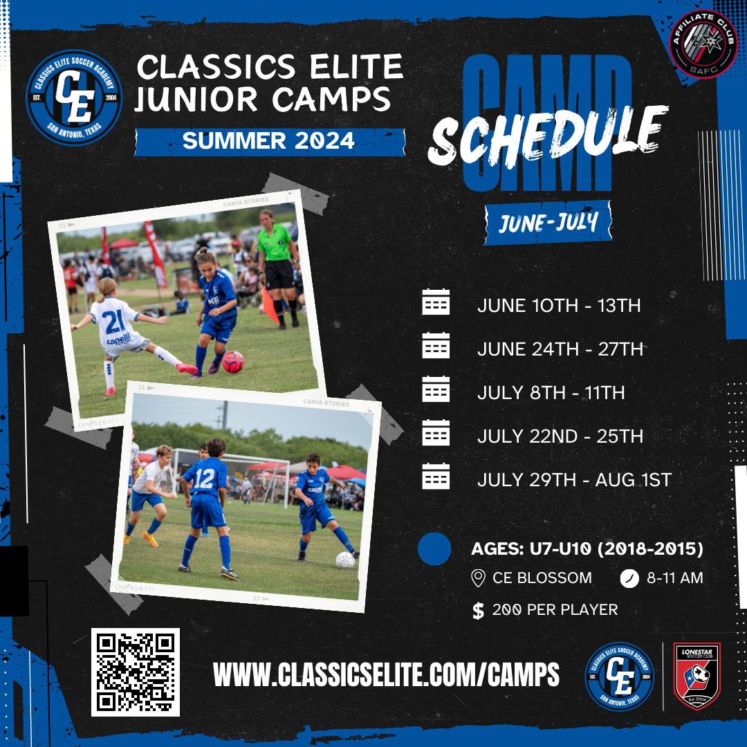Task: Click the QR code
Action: click(x=136, y=672)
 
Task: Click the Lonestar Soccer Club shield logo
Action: click(x=697, y=676)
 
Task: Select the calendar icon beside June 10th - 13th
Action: click(x=436, y=303)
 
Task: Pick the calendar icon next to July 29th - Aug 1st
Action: click(x=436, y=478)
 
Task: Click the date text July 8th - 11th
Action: click(x=551, y=393)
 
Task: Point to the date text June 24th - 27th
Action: click(x=560, y=349)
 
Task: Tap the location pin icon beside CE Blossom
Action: click(x=477, y=578)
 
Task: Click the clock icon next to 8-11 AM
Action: click(x=629, y=578)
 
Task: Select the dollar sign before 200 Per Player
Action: click(x=478, y=611)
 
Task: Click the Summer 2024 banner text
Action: click(x=268, y=141)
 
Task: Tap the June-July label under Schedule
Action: click(x=548, y=223)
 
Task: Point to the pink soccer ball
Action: click(x=232, y=361)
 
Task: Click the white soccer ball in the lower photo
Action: click(x=345, y=560)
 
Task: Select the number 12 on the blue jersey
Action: click(x=205, y=479)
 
